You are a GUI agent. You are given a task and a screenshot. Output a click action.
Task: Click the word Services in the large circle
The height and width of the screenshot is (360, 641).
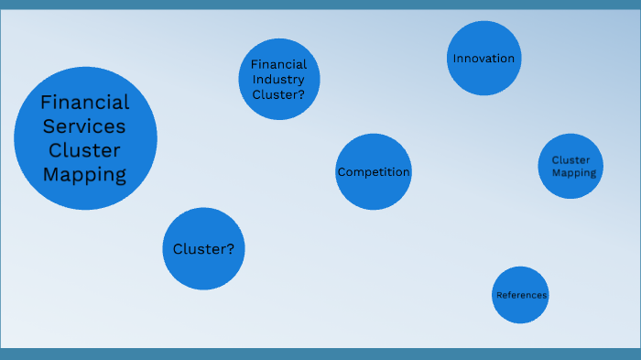click(x=85, y=126)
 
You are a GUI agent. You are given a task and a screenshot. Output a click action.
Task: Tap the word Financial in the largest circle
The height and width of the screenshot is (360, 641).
click(x=85, y=103)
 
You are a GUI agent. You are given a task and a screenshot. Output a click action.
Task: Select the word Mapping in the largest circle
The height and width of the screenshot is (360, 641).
click(x=85, y=174)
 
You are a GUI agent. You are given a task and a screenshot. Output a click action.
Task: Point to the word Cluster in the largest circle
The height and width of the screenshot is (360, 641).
click(x=85, y=150)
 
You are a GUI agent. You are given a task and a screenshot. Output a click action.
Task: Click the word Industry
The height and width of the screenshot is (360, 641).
click(x=279, y=79)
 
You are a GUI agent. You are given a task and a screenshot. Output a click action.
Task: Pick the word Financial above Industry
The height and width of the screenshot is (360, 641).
click(x=279, y=65)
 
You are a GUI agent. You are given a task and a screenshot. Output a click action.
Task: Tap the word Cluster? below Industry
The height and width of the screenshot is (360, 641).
click(x=278, y=93)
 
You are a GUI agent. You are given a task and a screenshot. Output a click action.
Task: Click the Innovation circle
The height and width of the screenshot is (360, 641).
click(x=483, y=59)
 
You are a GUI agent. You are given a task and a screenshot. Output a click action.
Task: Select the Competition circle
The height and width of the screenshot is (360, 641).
click(x=373, y=172)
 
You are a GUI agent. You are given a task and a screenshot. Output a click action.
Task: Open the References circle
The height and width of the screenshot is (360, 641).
click(x=520, y=295)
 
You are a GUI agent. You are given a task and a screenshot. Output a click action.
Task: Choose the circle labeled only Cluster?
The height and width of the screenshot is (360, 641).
click(x=203, y=249)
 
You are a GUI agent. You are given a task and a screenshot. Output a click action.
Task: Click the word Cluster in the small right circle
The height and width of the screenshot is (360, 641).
click(x=570, y=160)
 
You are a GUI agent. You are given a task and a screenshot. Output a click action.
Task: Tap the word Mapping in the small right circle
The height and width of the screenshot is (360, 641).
click(x=574, y=172)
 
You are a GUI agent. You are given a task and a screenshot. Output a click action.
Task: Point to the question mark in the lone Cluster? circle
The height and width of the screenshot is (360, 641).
click(x=230, y=249)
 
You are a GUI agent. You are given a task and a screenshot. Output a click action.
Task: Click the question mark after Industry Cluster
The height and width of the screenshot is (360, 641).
click(x=301, y=93)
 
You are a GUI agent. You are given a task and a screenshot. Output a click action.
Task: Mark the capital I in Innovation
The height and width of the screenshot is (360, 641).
click(x=454, y=59)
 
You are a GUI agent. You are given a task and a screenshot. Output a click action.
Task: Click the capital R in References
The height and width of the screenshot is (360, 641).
click(x=498, y=295)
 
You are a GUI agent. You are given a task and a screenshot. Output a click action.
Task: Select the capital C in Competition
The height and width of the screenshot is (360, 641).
click(x=342, y=172)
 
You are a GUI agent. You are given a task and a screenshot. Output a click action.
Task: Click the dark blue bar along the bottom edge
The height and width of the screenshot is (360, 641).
click(x=320, y=354)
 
